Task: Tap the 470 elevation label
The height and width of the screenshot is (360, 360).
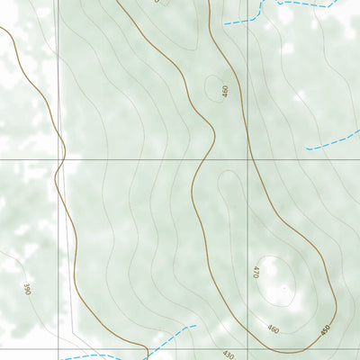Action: point(256,271)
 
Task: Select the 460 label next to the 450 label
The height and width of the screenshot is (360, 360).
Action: point(273,330)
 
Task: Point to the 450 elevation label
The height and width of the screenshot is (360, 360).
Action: point(325,330)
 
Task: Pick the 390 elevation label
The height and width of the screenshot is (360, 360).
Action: point(27,288)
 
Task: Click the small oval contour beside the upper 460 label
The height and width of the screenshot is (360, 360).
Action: point(214,86)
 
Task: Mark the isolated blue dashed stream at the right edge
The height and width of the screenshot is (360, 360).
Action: point(333,139)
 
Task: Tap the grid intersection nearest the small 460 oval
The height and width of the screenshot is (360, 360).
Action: point(247,160)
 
